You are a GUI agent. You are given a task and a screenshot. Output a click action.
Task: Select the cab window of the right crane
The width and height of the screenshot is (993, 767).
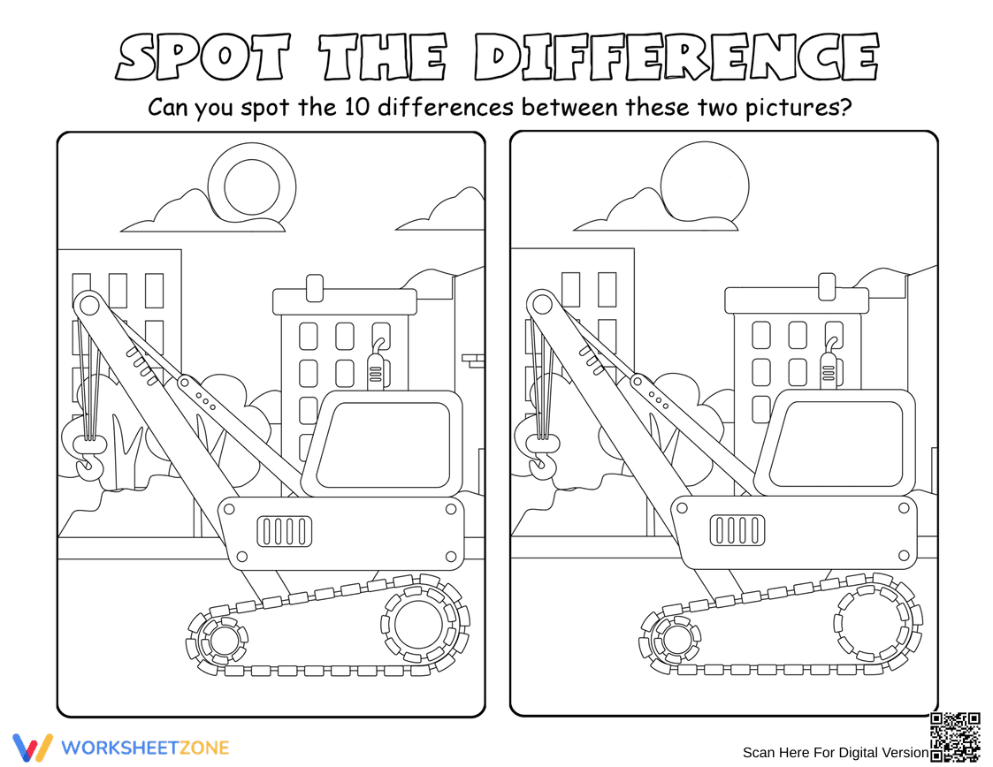click(x=836, y=443)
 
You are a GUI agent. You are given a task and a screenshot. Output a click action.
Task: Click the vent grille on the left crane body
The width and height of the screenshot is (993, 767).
click(x=285, y=531)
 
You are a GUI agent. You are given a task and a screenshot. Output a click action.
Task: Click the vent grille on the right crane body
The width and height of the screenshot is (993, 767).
click(x=737, y=529)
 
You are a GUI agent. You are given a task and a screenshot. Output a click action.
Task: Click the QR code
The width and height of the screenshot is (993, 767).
click(x=955, y=737)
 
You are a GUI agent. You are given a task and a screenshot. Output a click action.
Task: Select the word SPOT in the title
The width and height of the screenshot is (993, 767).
click(x=202, y=56)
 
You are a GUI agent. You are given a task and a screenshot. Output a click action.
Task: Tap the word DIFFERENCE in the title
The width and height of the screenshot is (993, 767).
click(x=676, y=56)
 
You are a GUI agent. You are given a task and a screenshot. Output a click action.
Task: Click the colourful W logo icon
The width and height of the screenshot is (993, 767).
click(x=33, y=748)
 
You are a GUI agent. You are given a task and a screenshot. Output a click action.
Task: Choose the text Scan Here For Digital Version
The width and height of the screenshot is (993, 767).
click(x=836, y=753)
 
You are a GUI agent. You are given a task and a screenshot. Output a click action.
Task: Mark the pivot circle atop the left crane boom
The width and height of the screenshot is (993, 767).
click(x=89, y=305)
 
